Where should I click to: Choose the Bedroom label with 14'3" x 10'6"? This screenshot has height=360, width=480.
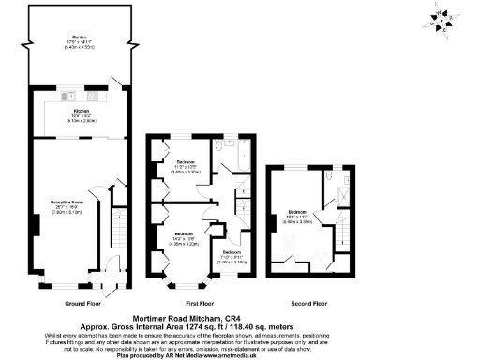click(182, 235)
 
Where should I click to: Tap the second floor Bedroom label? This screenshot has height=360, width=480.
click(298, 213)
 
